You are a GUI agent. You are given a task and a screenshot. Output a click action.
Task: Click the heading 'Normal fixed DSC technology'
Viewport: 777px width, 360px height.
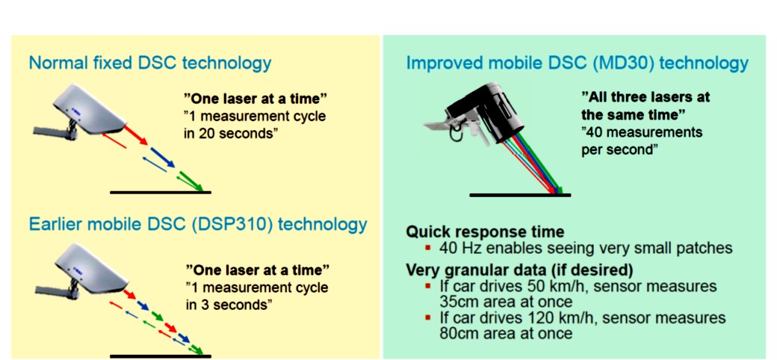(x=149, y=63)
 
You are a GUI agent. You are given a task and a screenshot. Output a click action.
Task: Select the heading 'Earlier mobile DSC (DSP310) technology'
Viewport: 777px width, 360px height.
(x=198, y=224)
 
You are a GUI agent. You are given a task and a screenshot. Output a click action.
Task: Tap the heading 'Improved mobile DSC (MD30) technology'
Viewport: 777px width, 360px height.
(x=578, y=63)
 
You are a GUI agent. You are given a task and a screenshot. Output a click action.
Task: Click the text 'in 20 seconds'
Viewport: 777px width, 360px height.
(x=229, y=134)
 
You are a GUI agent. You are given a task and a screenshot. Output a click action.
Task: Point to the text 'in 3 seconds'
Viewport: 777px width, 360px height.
(x=229, y=303)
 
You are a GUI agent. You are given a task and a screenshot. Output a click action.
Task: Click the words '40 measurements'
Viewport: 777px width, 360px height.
(x=642, y=132)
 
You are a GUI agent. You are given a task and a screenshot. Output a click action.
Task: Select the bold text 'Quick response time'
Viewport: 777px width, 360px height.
(x=485, y=232)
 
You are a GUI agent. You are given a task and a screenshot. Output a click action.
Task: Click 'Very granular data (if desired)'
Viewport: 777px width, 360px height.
(x=519, y=270)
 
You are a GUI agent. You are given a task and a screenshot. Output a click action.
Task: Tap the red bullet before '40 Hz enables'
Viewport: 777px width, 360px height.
(x=429, y=246)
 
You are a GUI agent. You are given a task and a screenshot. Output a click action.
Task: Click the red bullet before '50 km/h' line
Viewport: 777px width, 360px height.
(x=429, y=286)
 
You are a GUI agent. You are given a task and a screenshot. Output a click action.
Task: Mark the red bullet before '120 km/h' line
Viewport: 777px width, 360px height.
(x=429, y=317)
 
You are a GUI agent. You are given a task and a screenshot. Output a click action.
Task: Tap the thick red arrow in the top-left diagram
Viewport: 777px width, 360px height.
(x=135, y=135)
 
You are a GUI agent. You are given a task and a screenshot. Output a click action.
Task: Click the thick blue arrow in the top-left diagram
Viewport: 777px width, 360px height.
(x=162, y=157)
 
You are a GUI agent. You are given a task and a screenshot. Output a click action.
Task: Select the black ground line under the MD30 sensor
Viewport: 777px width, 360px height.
(x=520, y=195)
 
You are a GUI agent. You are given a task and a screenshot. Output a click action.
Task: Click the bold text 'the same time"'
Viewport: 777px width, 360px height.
(x=634, y=114)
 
